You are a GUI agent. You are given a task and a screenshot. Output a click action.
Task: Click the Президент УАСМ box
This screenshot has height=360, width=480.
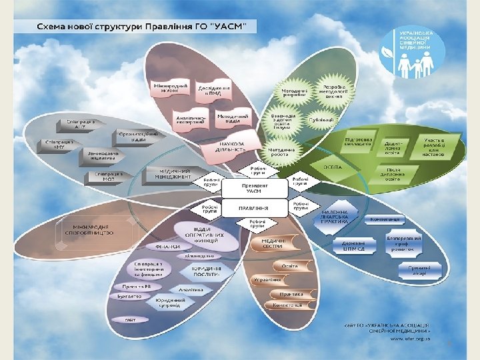[255, 189]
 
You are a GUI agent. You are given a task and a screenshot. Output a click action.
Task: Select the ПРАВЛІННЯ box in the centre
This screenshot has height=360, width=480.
[255, 207]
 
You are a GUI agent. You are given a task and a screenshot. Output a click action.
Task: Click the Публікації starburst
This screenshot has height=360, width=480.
[322, 119]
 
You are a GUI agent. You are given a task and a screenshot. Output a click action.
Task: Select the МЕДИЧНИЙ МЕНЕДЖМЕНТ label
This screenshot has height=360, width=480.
[171, 173]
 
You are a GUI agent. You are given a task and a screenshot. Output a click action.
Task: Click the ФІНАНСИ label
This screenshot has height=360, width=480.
[169, 247]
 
